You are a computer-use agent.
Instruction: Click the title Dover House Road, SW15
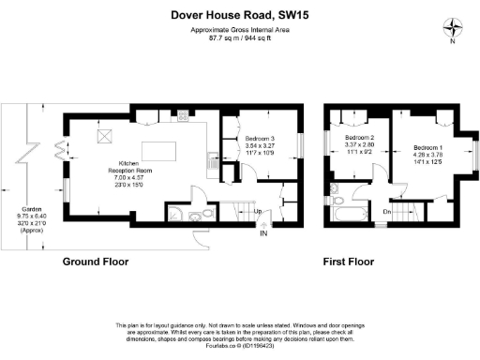coord(240,14)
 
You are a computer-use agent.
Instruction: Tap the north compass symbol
coord(453,28)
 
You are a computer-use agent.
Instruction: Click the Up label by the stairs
coord(258,212)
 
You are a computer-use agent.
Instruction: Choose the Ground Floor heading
coord(96,262)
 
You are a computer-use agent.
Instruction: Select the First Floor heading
coord(351,262)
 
